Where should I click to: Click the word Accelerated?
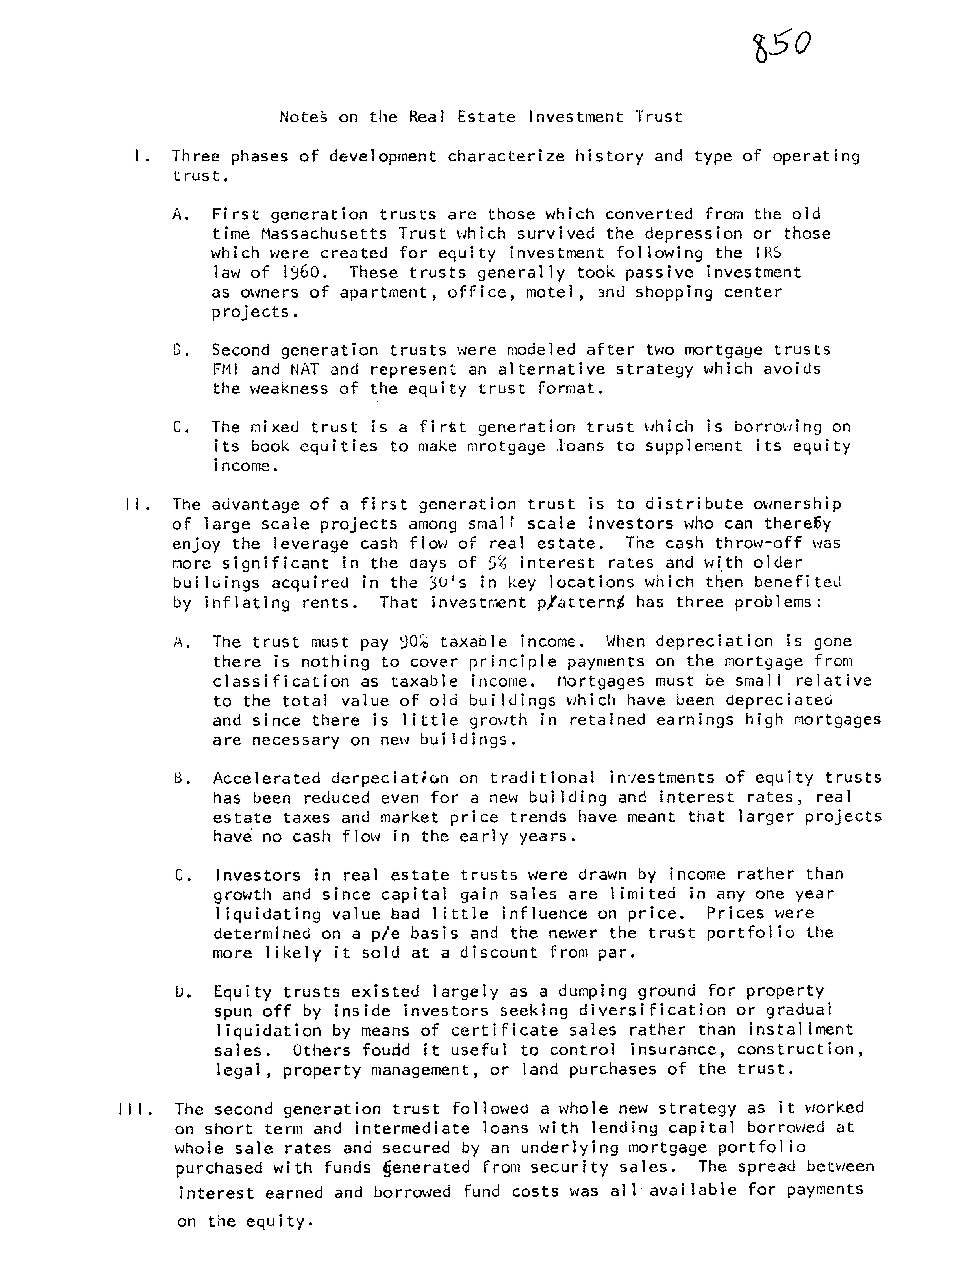coord(266,778)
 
